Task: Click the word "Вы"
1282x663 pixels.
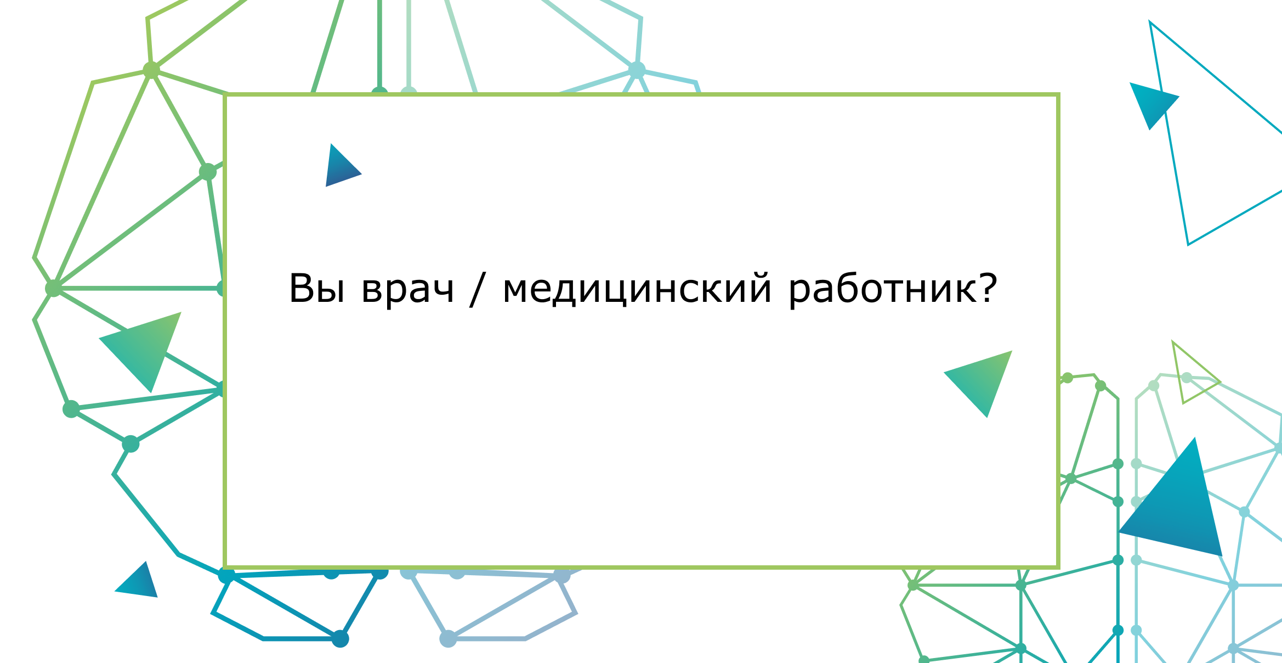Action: point(317,288)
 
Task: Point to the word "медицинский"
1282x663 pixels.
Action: point(637,289)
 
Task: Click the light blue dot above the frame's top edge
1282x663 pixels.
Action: point(637,70)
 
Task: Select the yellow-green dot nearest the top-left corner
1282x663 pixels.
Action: point(151,70)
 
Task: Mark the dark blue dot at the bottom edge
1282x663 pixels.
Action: point(340,639)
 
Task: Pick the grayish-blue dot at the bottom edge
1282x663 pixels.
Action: point(448,639)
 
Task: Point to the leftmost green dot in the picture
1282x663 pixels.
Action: point(53,288)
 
